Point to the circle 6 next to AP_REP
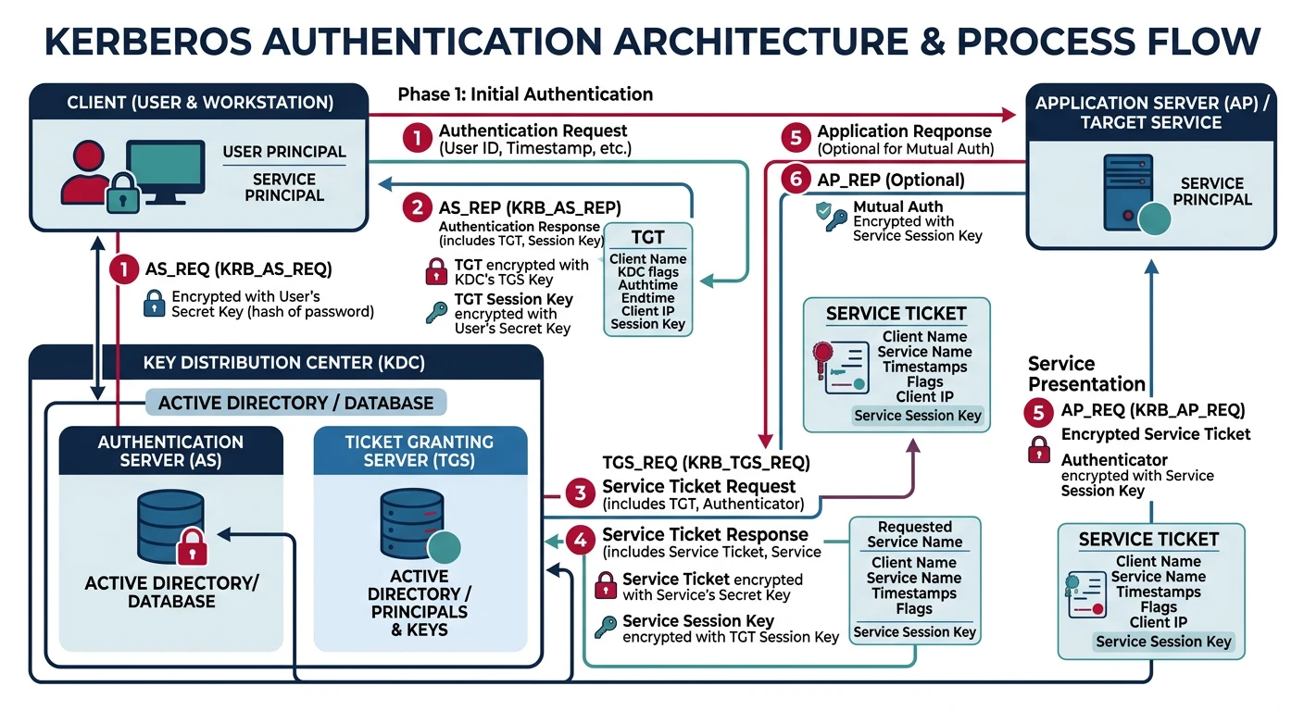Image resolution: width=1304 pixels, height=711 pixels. pos(795,180)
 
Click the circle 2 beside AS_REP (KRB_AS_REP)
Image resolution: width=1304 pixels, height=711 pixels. pos(418,207)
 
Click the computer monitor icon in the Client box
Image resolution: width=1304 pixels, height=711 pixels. pos(165,170)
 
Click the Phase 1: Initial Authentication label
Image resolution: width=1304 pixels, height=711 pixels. pos(525,94)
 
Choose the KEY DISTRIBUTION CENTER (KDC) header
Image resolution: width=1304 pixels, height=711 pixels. pos(284,363)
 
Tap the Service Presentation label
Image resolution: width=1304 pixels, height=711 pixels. pos(1086,374)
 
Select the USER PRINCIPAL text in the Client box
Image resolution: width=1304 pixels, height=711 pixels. pos(284,152)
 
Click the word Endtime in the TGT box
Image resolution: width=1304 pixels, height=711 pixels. pos(647,298)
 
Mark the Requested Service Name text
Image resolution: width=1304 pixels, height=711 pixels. pos(914,534)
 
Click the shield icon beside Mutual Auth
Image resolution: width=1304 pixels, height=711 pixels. pos(823,212)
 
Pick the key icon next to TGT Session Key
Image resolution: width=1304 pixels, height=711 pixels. pos(435,312)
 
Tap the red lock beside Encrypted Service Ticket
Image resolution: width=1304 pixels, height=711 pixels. pos(1040,449)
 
